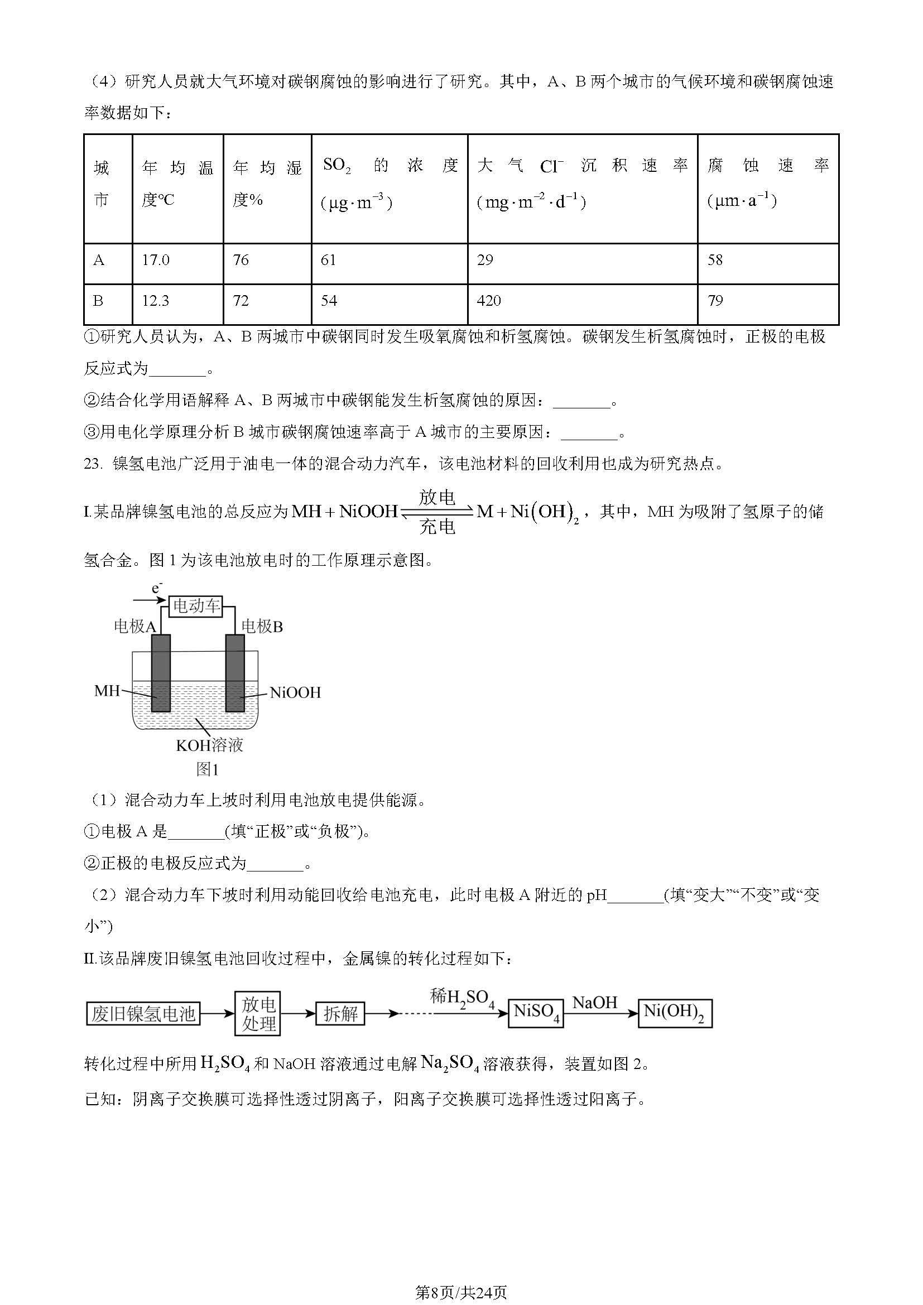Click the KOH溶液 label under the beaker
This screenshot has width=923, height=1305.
point(210,745)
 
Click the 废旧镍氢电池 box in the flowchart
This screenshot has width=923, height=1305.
point(143,1014)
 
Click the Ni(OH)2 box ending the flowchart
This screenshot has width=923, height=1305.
point(675,1013)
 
